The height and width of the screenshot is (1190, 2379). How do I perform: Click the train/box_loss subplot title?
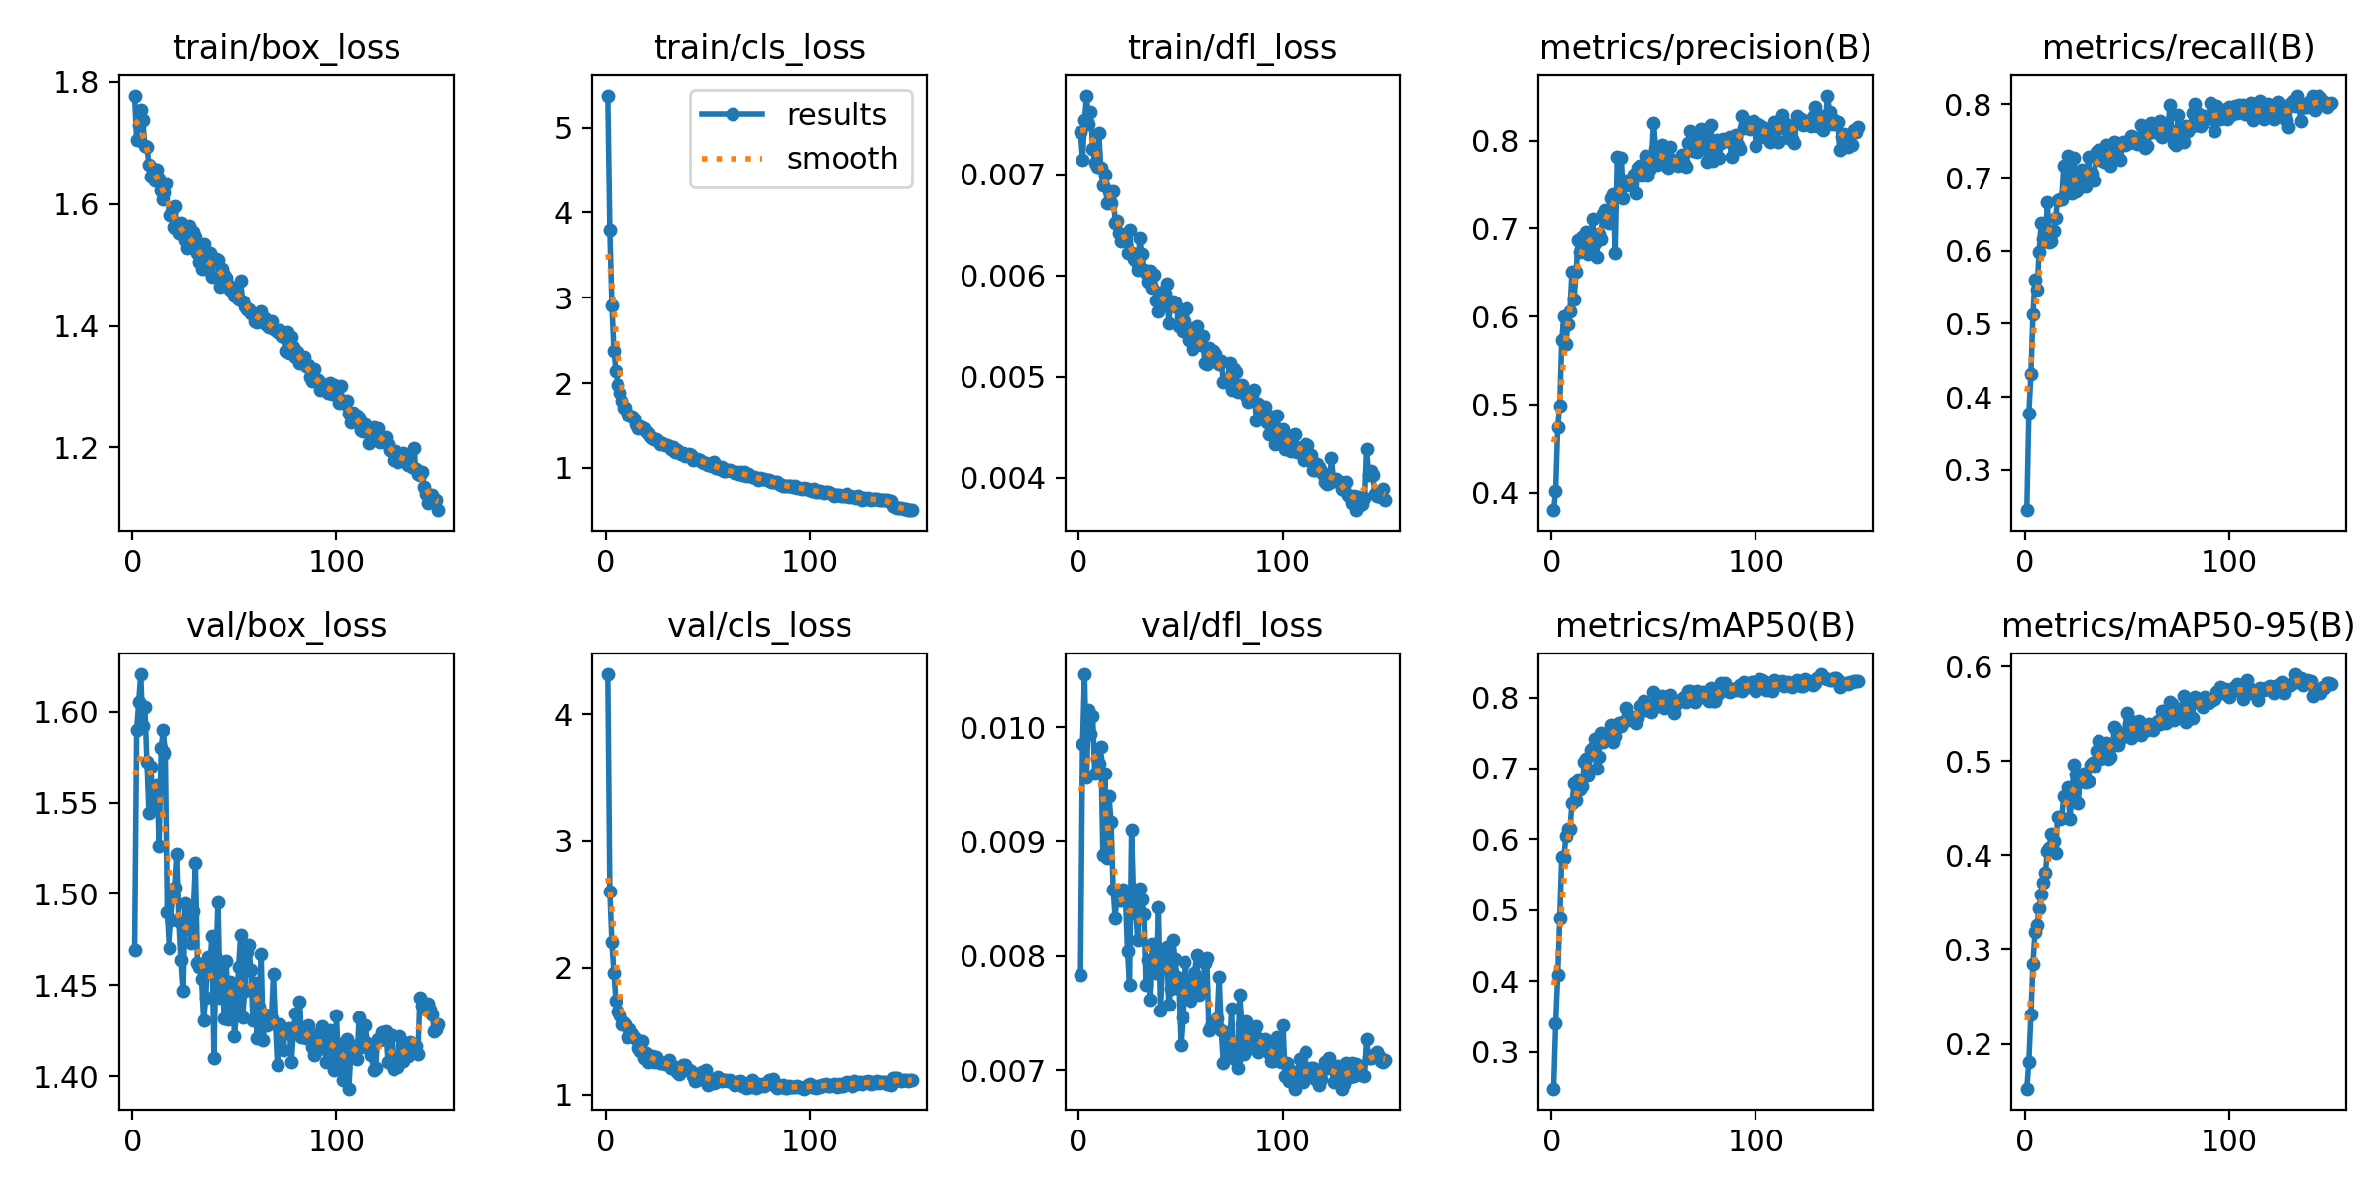[286, 47]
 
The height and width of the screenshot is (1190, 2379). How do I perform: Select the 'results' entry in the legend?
[836, 115]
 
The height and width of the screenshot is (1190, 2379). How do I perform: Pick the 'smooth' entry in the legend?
[842, 159]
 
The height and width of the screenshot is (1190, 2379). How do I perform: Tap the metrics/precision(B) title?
[1705, 47]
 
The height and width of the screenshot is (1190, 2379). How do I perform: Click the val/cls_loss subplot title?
[759, 625]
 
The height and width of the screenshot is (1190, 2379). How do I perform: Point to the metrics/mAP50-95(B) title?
[2178, 625]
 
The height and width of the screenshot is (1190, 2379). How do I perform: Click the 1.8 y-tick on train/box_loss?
[76, 82]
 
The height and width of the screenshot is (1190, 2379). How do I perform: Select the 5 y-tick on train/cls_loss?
[564, 128]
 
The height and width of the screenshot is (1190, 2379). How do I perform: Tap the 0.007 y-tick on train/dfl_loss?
[1002, 176]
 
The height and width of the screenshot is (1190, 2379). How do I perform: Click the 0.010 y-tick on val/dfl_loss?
[1002, 728]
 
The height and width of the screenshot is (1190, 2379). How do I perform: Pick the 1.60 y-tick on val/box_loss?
[66, 712]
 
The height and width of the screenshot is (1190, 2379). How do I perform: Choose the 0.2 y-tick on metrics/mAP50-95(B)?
[1968, 1044]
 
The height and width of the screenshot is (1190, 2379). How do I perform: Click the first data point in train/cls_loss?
[608, 96]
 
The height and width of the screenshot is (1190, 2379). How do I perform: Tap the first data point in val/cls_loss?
[608, 674]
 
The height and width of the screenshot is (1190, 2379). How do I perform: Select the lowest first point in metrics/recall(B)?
[2027, 510]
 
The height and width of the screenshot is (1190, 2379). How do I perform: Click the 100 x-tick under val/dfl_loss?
[1282, 1141]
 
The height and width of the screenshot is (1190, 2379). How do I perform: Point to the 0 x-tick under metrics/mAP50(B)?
[1552, 1141]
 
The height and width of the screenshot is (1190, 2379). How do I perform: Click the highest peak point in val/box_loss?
[141, 674]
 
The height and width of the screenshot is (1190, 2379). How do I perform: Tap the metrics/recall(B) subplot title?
[2178, 47]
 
